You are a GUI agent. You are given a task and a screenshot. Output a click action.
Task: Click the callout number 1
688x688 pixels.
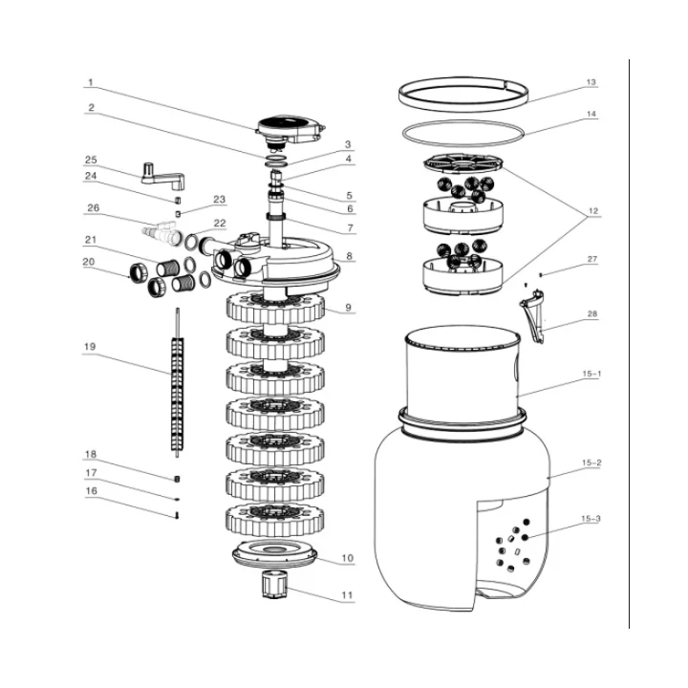click(91, 82)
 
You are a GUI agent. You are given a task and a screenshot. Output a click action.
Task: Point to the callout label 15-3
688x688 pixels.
click(591, 519)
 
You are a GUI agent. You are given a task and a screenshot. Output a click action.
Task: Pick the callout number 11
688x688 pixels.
click(347, 595)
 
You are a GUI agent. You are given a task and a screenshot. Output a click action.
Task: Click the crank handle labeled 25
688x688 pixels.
click(156, 172)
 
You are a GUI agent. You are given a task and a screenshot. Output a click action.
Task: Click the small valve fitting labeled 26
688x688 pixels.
click(160, 231)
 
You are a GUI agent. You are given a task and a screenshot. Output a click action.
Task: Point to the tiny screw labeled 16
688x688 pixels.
click(178, 515)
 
